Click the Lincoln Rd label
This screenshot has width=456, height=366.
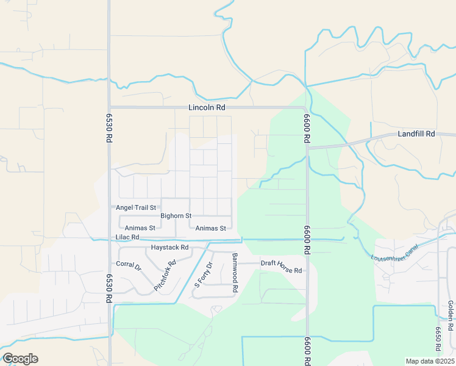coord(207,107)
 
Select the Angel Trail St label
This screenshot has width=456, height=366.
coord(136,208)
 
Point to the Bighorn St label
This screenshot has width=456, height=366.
coord(176,216)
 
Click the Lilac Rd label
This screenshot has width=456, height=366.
coord(127,237)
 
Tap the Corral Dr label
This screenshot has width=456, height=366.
coord(129,266)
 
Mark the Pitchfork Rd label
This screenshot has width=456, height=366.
coord(165,275)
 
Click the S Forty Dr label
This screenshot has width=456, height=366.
coord(202,275)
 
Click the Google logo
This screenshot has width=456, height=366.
coord(20,359)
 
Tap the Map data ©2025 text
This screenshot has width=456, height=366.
coord(429,361)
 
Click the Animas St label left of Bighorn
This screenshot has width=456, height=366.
coord(141,228)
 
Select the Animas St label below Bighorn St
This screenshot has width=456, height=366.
coord(211,228)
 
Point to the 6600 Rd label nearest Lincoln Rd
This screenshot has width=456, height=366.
coord(307,129)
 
